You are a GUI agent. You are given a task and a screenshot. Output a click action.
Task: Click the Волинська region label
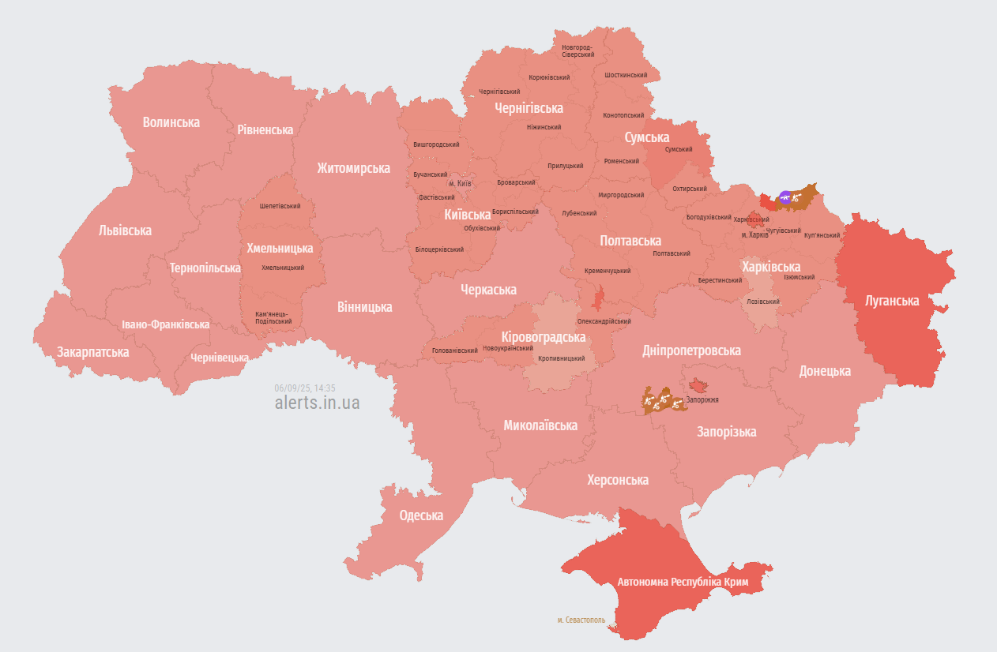(x=171, y=122)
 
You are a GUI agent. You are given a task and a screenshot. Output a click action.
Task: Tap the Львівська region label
(x=125, y=230)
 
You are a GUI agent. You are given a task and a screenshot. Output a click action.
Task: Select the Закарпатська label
(x=92, y=352)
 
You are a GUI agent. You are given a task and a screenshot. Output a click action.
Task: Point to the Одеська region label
(x=421, y=515)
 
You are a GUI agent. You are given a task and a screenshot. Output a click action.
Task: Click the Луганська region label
(x=892, y=301)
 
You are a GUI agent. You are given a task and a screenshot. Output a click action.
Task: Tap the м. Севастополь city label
(x=581, y=620)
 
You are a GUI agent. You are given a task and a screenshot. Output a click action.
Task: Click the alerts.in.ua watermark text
(x=317, y=403)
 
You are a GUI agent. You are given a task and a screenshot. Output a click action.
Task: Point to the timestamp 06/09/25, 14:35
(x=305, y=388)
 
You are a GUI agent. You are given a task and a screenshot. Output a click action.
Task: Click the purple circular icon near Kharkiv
(x=784, y=197)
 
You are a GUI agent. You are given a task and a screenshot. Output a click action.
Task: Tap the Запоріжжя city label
(x=702, y=399)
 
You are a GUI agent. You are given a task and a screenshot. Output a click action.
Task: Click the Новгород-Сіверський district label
(x=578, y=51)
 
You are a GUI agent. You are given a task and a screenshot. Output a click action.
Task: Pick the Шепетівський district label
(x=280, y=206)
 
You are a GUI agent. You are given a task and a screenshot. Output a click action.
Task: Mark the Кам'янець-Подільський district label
(x=273, y=317)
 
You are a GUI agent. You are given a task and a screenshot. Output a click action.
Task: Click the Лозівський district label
(x=762, y=302)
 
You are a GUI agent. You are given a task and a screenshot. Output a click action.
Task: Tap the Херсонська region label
(x=618, y=480)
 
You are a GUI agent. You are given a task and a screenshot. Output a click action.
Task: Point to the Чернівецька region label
(x=219, y=358)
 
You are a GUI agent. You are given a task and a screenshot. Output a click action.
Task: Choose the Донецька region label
(x=825, y=371)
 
